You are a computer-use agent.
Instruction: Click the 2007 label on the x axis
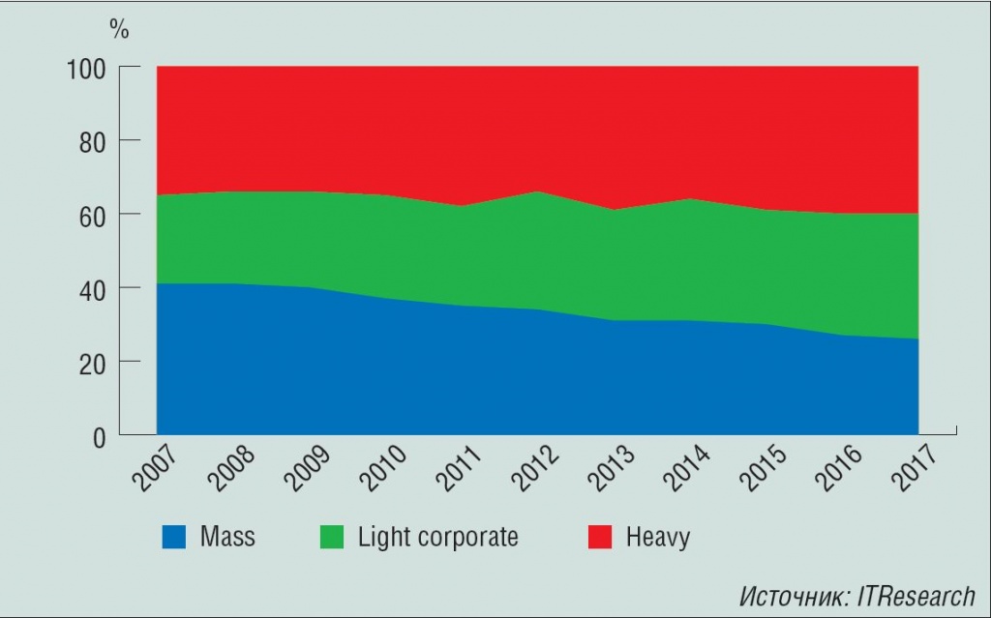pyautogui.click(x=146, y=469)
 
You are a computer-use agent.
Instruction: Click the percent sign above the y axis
pyautogui.click(x=119, y=30)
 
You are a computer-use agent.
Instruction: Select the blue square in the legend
pyautogui.click(x=173, y=537)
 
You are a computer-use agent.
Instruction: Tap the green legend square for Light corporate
pyautogui.click(x=331, y=537)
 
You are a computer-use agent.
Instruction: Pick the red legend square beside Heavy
pyautogui.click(x=600, y=537)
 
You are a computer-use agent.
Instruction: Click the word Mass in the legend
pyautogui.click(x=227, y=537)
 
